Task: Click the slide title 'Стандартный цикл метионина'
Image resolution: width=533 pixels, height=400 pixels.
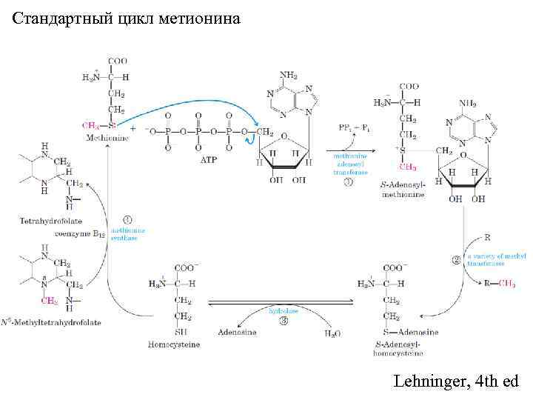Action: tap(127, 18)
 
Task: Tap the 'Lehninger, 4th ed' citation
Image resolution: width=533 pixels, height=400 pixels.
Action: tap(457, 381)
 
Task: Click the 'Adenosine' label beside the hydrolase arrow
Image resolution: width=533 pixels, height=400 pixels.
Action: tap(237, 333)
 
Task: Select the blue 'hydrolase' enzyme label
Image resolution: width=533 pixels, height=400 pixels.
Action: tap(283, 312)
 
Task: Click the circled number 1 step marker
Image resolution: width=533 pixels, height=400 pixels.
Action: tap(127, 219)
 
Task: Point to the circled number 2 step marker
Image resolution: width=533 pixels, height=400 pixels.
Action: tap(456, 259)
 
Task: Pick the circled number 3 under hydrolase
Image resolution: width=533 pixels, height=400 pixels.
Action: tap(284, 321)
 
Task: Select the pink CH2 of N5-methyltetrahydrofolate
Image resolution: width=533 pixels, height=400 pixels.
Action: tap(48, 301)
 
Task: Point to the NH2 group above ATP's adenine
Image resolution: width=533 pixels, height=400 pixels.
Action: tap(289, 76)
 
